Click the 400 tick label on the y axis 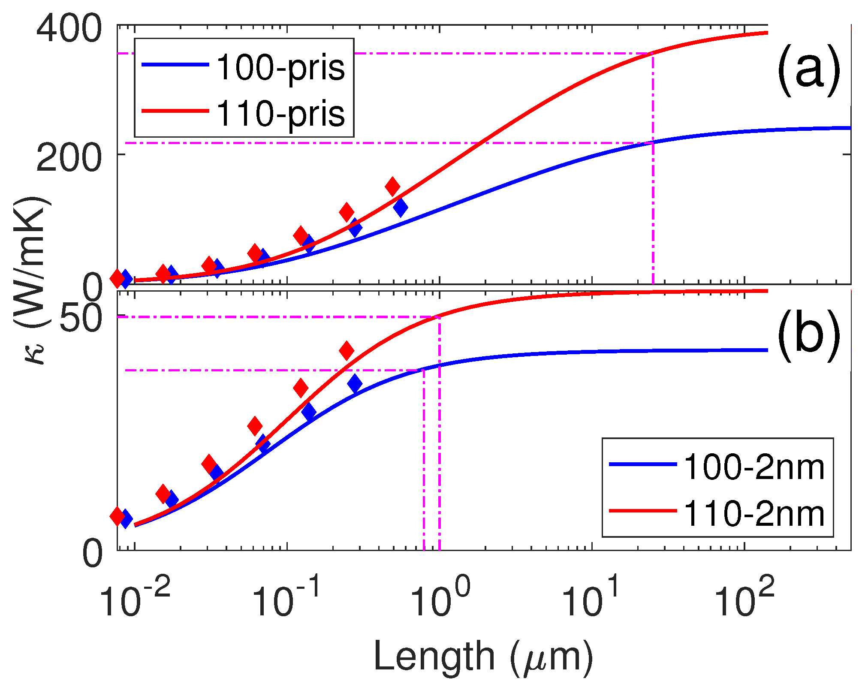[69, 29]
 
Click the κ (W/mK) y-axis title [32, 281]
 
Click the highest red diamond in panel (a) [392, 186]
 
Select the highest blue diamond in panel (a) [401, 208]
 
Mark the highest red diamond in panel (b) [347, 350]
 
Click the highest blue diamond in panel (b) [355, 383]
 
